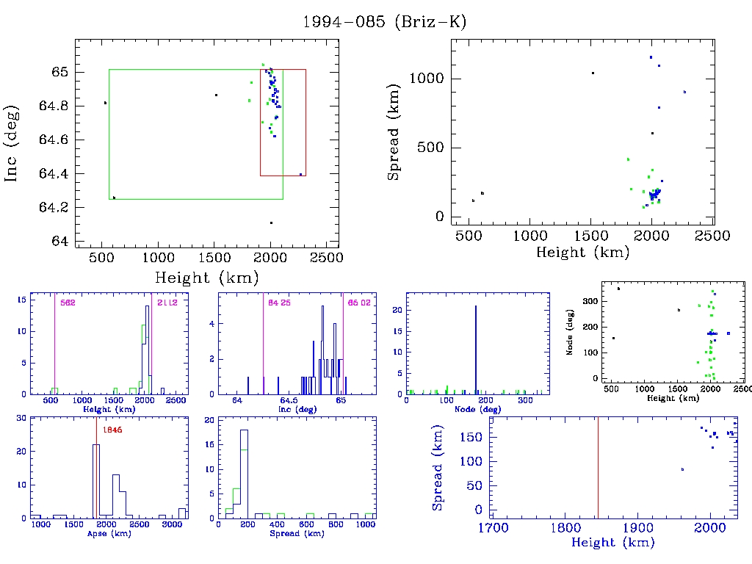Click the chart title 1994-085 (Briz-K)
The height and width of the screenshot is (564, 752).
click(x=384, y=22)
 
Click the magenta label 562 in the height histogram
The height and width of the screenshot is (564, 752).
click(x=68, y=303)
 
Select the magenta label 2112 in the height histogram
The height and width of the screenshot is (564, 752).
click(x=167, y=303)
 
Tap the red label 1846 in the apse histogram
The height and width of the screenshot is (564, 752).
click(x=112, y=430)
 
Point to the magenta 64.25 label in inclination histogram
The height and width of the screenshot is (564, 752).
click(x=279, y=303)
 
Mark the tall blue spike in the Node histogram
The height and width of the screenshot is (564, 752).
click(x=476, y=349)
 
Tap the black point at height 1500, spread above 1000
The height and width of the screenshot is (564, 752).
click(x=592, y=73)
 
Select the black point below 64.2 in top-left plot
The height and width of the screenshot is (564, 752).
click(x=271, y=223)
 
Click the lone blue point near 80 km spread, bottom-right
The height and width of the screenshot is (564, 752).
click(x=683, y=469)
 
